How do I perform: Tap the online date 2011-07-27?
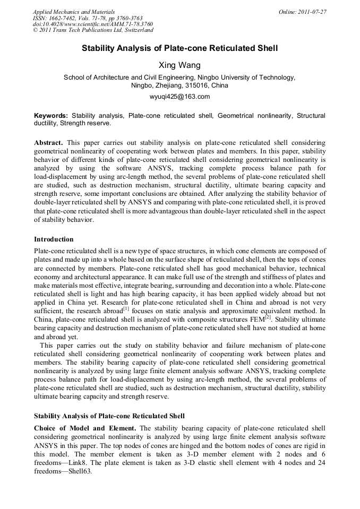pos(312,12)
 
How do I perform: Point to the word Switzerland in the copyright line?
pos(136,30)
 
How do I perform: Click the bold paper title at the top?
pos(179,48)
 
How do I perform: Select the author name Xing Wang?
pos(179,65)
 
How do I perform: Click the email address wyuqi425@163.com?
pos(179,97)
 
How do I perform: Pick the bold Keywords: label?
pos(51,115)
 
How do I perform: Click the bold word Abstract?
pos(49,143)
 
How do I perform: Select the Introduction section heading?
pos(54,239)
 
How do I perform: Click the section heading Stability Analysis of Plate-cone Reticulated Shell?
pos(109,416)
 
